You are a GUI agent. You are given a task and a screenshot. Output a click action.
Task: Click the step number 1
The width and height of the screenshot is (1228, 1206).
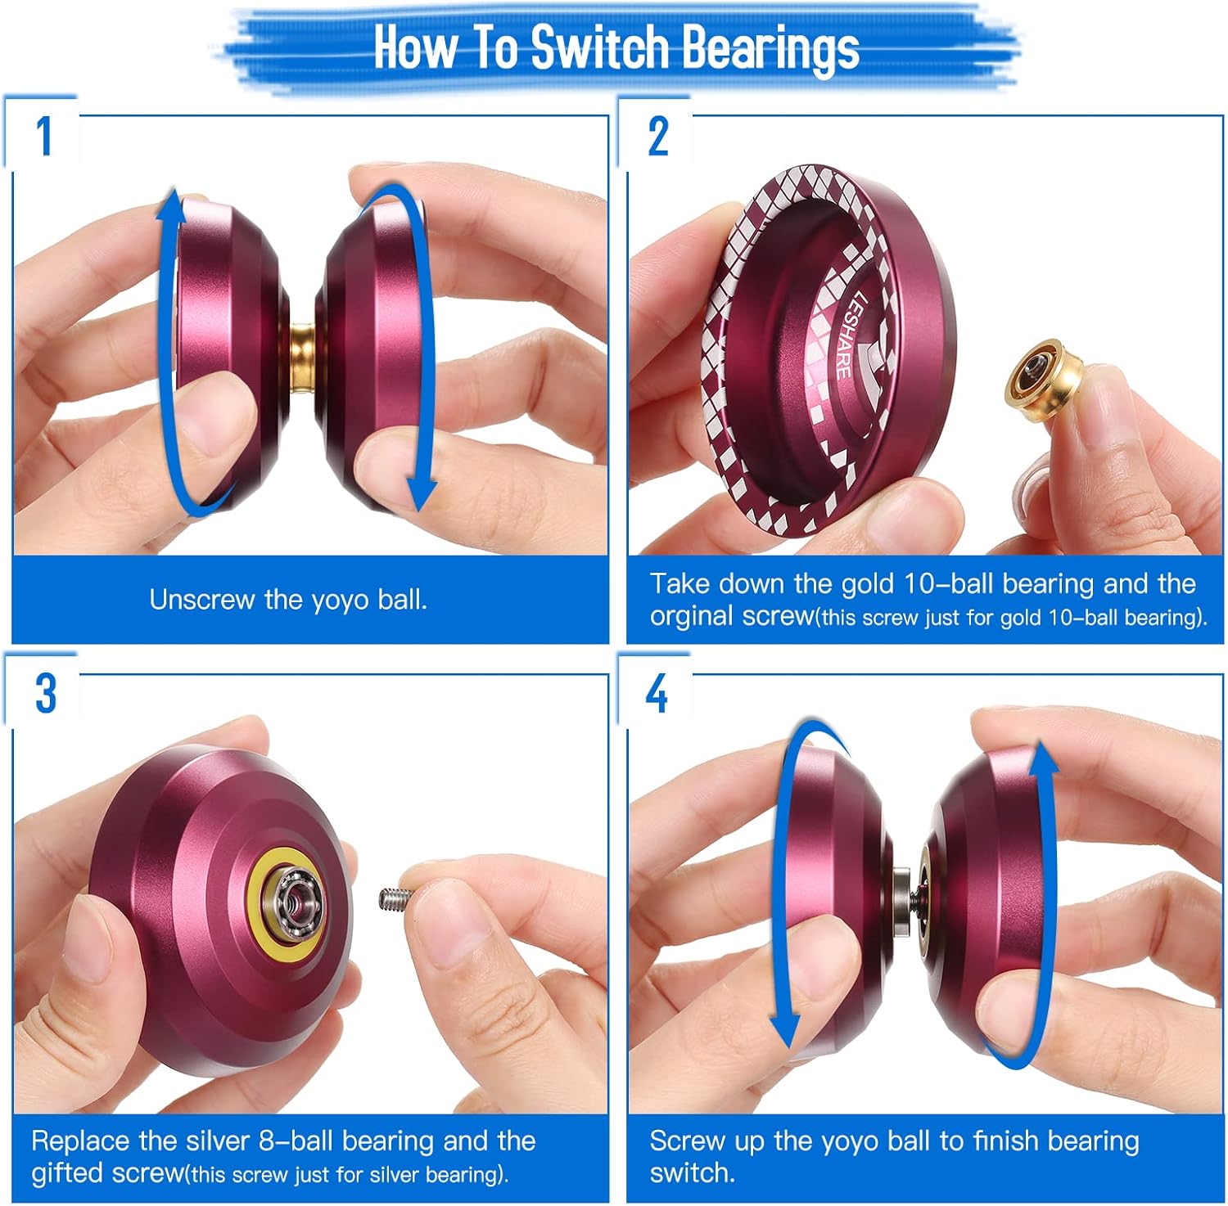(44, 136)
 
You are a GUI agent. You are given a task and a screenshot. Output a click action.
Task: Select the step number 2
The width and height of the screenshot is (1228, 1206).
(658, 136)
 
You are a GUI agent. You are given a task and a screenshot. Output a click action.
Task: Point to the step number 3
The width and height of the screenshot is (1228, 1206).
(45, 694)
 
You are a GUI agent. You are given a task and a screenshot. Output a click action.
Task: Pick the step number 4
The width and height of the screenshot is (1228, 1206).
(657, 694)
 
